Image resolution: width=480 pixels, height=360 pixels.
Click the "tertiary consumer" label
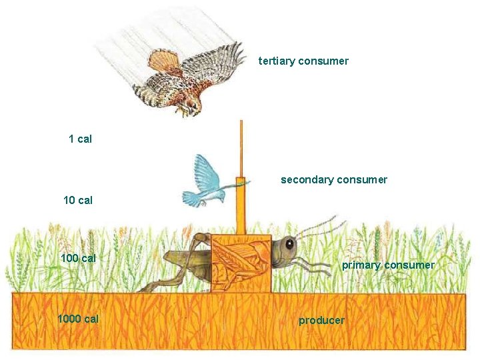303,61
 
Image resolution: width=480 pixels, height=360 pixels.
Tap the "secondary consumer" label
333,180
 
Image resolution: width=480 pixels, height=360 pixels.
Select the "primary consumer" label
388,265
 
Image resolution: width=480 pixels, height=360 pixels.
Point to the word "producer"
321,321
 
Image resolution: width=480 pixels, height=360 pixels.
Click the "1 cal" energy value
80,139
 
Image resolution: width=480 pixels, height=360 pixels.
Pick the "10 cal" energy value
77,200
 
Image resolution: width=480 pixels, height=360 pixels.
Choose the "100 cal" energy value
78,258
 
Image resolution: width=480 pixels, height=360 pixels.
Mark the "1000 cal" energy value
78,319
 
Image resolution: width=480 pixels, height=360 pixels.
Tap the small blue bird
207,180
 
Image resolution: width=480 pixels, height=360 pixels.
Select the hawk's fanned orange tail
163,61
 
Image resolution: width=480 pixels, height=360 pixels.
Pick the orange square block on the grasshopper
241,263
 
